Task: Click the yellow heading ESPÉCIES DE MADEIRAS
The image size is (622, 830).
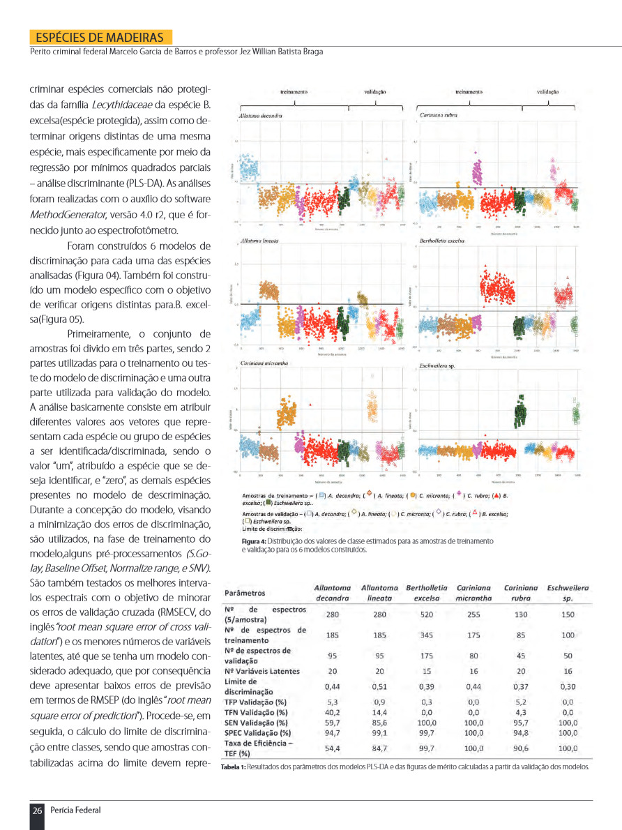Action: point(100,37)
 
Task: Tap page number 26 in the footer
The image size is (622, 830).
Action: point(37,810)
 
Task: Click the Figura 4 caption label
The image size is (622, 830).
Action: point(254,541)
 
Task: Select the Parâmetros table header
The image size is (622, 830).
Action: point(245,594)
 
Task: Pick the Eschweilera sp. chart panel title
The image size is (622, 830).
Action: point(437,365)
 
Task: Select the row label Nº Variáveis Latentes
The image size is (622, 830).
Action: point(262,671)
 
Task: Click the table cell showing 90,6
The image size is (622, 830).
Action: point(521,748)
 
